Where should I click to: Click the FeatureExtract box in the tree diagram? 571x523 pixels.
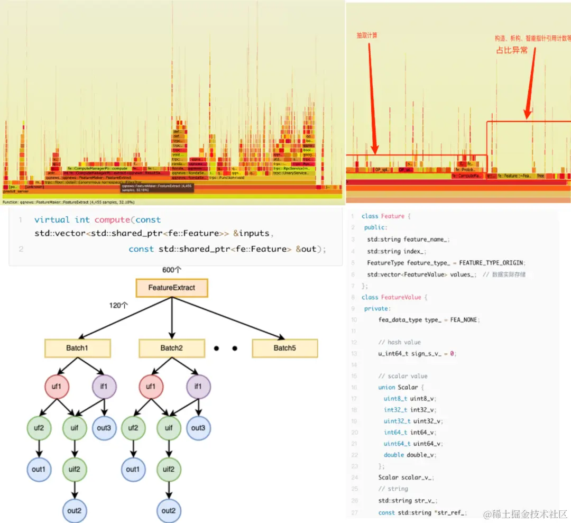pos(172,288)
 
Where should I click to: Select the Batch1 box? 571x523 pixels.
pos(77,348)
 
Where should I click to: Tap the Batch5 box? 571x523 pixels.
pos(284,348)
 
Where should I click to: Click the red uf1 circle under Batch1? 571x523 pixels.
pos(57,386)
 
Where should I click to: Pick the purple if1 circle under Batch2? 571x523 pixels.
pos(198,386)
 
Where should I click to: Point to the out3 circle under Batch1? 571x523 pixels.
pos(104,428)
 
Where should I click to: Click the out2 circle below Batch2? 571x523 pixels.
pos(169,510)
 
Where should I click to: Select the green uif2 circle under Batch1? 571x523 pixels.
pos(74,469)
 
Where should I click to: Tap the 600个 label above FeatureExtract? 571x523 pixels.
pos(172,270)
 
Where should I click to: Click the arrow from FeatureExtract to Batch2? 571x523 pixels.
pos(172,317)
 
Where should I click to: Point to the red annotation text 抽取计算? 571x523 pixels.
pos(367,35)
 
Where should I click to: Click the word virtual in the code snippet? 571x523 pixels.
pos(52,219)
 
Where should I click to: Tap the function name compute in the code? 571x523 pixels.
pos(112,219)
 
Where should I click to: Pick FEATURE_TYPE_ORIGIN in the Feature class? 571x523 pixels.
pos(492,263)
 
